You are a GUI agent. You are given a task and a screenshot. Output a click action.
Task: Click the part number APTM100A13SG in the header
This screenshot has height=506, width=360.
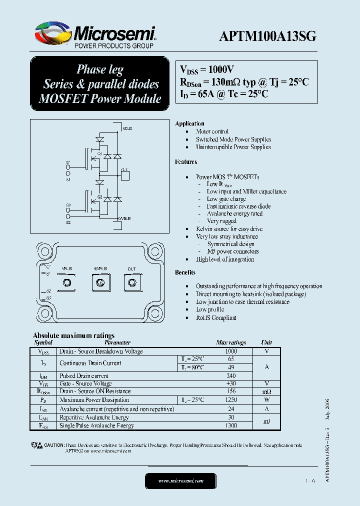(x=267, y=37)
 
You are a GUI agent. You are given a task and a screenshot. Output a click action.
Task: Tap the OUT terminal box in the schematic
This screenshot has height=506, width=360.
(x=125, y=175)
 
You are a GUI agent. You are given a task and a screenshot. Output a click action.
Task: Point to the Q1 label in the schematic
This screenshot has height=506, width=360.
(x=99, y=153)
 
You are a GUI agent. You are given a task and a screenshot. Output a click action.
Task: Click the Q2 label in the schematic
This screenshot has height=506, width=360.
(x=99, y=197)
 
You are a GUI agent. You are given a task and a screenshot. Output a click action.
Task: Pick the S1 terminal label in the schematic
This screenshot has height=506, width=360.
(x=68, y=179)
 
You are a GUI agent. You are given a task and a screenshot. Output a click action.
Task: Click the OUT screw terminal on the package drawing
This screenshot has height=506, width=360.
(x=131, y=283)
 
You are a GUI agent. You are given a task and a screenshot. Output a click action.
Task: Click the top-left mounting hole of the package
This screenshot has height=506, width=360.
(x=41, y=247)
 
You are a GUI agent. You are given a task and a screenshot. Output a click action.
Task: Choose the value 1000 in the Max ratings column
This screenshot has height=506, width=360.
(x=231, y=351)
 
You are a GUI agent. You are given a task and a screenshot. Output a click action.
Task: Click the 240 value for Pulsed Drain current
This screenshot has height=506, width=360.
(x=231, y=375)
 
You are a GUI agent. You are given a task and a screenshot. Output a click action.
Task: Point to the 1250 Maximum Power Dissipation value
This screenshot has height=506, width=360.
(x=231, y=400)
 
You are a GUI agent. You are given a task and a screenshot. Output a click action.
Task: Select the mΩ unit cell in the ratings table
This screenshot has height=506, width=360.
(x=266, y=391)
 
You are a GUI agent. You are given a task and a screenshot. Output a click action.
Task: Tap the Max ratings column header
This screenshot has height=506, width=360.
(x=231, y=343)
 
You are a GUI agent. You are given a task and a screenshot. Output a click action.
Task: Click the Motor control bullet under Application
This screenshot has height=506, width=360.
(x=212, y=131)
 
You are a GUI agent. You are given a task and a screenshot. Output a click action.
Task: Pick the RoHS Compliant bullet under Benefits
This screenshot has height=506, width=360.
(x=216, y=317)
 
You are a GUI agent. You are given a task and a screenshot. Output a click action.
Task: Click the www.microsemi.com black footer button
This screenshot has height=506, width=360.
(x=180, y=481)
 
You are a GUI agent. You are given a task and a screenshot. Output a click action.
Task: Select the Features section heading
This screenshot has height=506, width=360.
(x=186, y=162)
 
